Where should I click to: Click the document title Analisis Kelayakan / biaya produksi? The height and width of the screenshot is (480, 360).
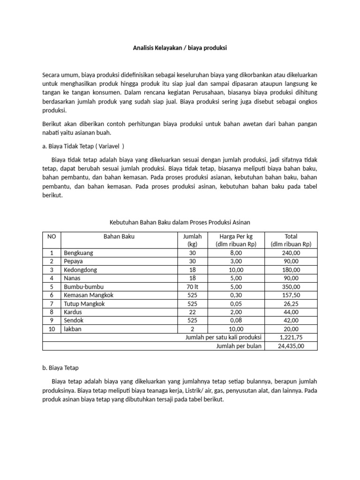pyautogui.click(x=180, y=48)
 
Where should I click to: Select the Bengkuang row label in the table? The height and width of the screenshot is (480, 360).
pyautogui.click(x=78, y=253)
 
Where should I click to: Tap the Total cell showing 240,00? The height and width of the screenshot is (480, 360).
pyautogui.click(x=291, y=253)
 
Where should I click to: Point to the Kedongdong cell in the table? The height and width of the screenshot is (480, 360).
pyautogui.click(x=82, y=270)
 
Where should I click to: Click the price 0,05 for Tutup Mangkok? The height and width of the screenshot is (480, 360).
pyautogui.click(x=236, y=304)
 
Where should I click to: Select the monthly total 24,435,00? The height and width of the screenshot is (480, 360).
pyautogui.click(x=291, y=346)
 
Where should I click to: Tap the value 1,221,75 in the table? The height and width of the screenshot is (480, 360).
pyautogui.click(x=291, y=337)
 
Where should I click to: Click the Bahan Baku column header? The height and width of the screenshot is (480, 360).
pyautogui.click(x=119, y=237)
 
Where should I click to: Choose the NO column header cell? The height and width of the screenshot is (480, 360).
pyautogui.click(x=52, y=237)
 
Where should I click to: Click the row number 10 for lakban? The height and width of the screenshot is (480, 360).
pyautogui.click(x=52, y=329)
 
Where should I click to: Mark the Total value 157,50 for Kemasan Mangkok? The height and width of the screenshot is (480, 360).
pyautogui.click(x=291, y=295)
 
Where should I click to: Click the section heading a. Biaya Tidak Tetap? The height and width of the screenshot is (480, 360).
pyautogui.click(x=83, y=146)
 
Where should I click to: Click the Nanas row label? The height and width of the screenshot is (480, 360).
pyautogui.click(x=73, y=278)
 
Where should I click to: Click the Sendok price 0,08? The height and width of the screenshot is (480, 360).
pyautogui.click(x=236, y=321)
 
